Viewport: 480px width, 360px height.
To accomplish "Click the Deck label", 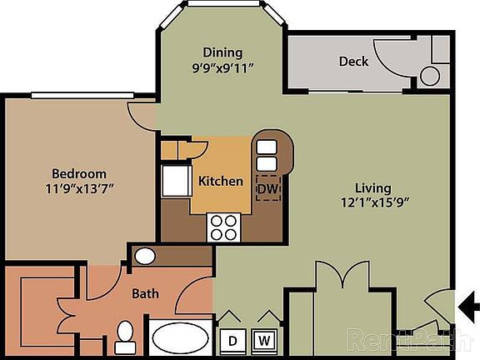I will click(x=353, y=61).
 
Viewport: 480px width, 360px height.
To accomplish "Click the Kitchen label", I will click(x=221, y=181).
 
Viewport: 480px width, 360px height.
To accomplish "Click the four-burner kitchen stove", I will click(x=223, y=227).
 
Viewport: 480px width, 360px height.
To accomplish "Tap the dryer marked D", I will click(x=232, y=340).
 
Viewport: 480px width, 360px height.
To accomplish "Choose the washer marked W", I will click(x=266, y=340).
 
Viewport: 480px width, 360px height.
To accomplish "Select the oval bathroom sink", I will click(x=146, y=256).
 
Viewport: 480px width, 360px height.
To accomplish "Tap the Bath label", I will click(x=146, y=294).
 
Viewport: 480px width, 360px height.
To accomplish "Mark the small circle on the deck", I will click(x=430, y=77).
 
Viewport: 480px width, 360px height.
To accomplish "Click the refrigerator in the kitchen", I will click(x=177, y=180).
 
